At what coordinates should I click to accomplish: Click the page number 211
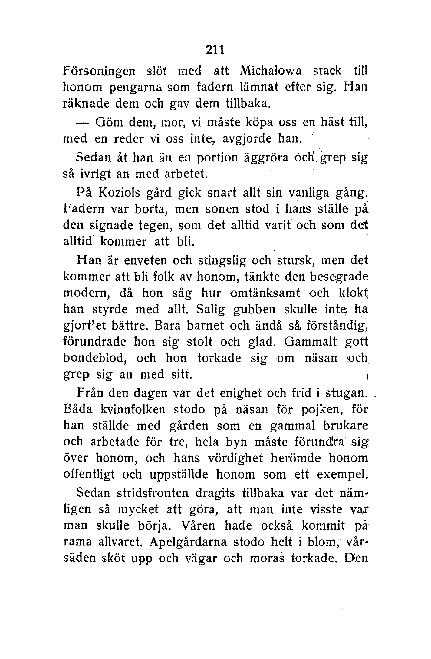pyautogui.click(x=215, y=50)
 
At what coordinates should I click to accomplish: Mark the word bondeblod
pyautogui.click(x=95, y=359)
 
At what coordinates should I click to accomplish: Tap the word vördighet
pyautogui.click(x=236, y=458)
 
